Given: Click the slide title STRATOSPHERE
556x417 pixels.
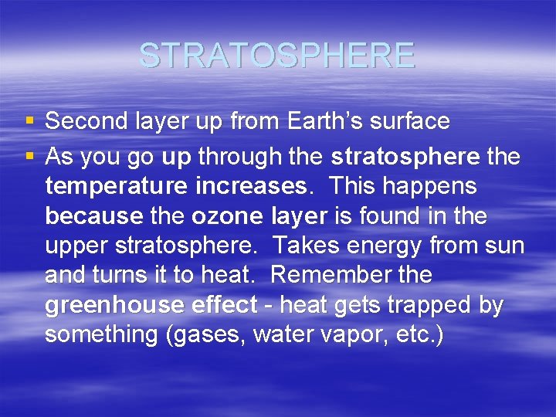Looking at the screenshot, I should click(277, 56).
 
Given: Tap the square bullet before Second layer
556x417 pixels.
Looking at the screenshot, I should click(29, 121).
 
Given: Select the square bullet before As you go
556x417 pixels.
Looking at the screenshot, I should click(29, 158).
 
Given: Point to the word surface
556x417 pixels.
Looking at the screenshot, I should click(412, 121).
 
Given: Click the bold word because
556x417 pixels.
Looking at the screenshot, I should click(93, 217).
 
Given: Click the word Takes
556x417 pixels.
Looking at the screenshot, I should click(307, 246).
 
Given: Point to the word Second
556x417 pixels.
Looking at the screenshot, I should click(85, 121).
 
